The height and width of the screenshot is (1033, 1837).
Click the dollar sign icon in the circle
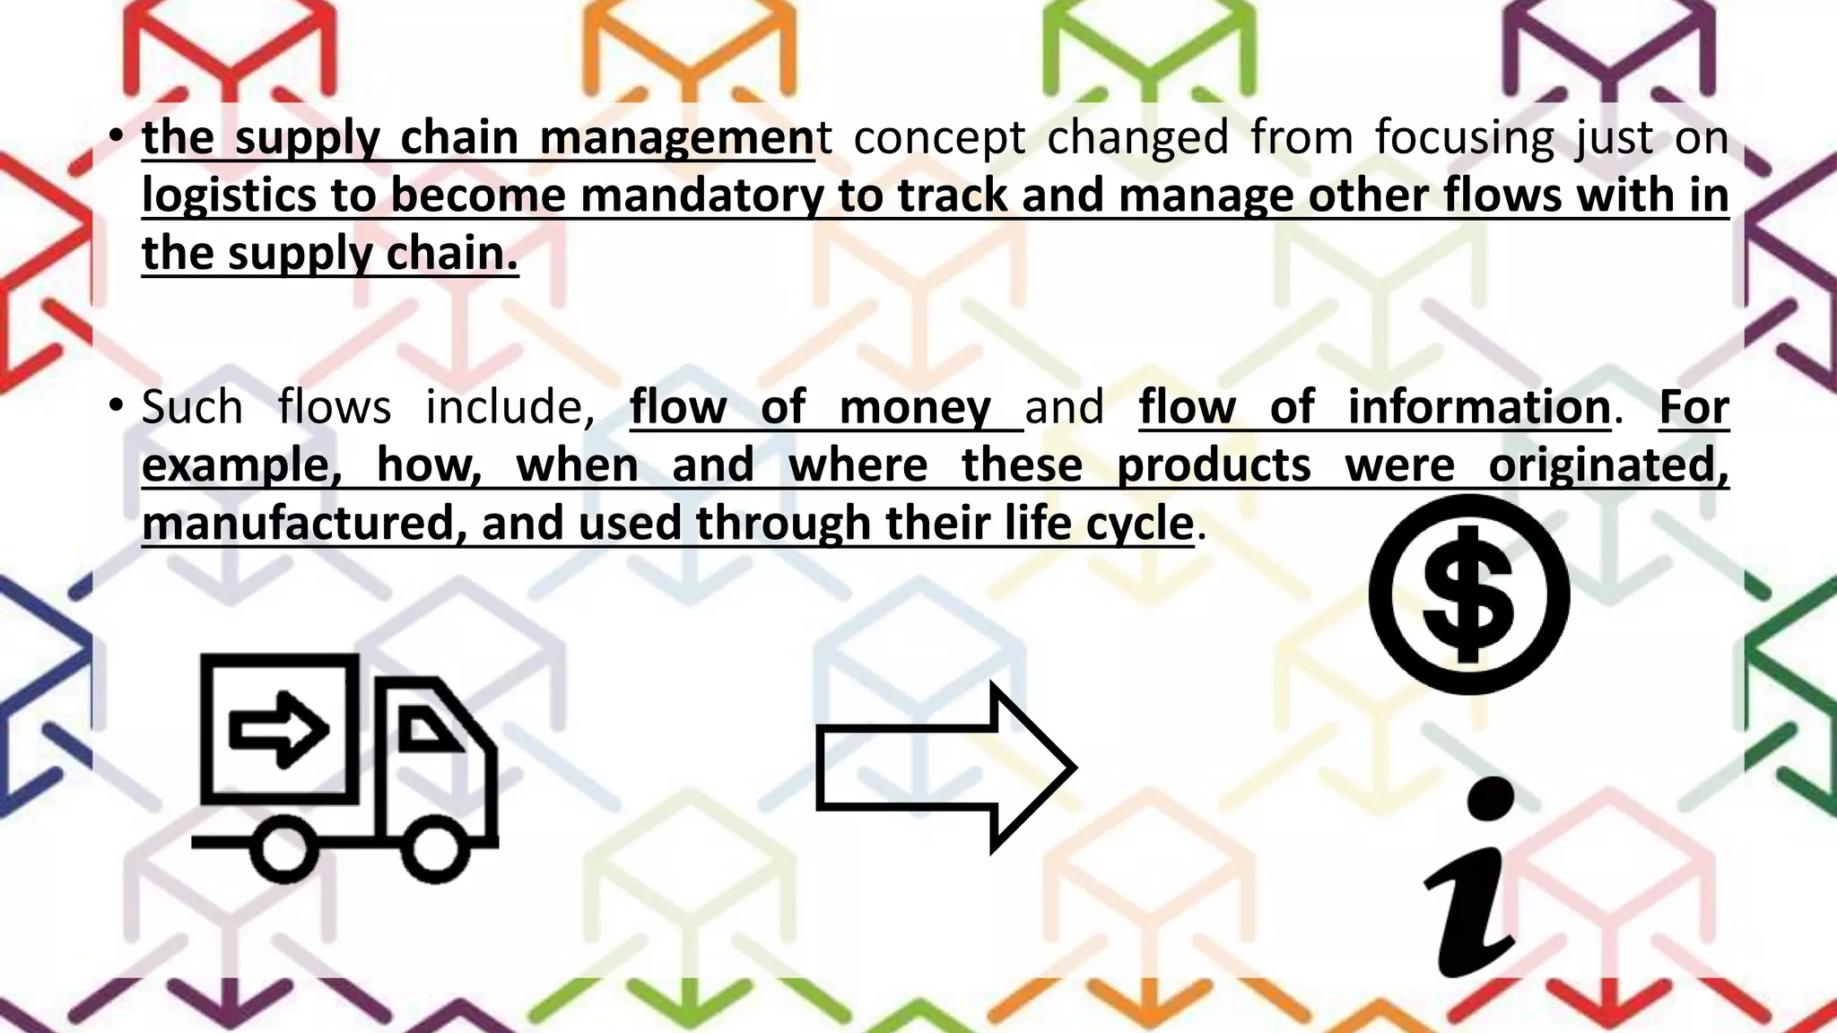pyautogui.click(x=1468, y=595)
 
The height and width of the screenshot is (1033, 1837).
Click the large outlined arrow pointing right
pyautogui.click(x=945, y=768)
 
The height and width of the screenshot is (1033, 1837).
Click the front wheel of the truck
pyautogui.click(x=435, y=847)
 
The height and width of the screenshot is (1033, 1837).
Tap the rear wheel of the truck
pyautogui.click(x=284, y=847)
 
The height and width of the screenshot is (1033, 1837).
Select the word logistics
pyautogui.click(x=229, y=196)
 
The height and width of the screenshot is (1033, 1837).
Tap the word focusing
pyautogui.click(x=1464, y=138)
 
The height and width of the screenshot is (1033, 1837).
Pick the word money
pyautogui.click(x=915, y=407)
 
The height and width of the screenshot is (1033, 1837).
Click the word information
pyautogui.click(x=1479, y=407)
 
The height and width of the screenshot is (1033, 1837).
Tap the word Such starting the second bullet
pyautogui.click(x=192, y=407)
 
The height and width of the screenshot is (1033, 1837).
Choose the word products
pyautogui.click(x=1214, y=465)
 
